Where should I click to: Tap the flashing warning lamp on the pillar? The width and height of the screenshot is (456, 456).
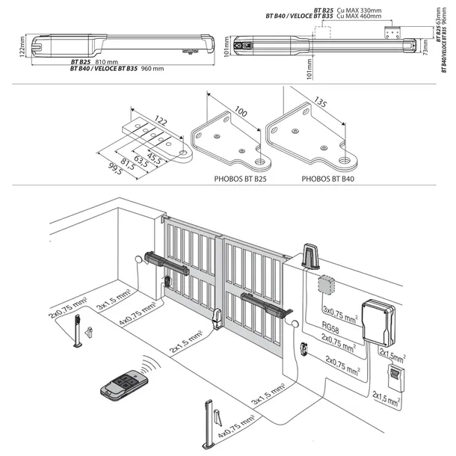[x=310, y=256]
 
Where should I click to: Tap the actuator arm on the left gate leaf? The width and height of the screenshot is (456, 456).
[x=169, y=262]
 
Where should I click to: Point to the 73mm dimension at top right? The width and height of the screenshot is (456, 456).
[x=425, y=49]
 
